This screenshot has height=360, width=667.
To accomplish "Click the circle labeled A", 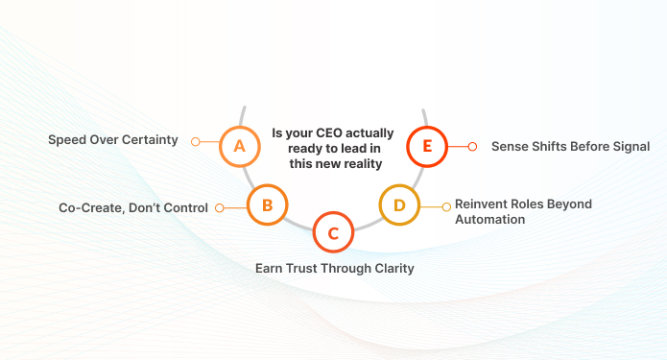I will [239, 146].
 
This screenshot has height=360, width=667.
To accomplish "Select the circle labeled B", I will [268, 204].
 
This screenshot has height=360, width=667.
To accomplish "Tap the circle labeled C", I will [333, 231].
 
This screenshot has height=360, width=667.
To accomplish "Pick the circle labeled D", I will [399, 204].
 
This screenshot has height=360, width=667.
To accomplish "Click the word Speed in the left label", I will [67, 140].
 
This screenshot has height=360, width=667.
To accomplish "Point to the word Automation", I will [489, 219].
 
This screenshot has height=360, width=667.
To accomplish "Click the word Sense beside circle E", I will [510, 147].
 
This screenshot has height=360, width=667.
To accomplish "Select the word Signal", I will [629, 147].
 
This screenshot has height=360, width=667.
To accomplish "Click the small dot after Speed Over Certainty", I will [195, 141].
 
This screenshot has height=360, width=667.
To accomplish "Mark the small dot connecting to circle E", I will [472, 147].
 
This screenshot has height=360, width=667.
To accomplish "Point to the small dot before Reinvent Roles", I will [445, 204].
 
